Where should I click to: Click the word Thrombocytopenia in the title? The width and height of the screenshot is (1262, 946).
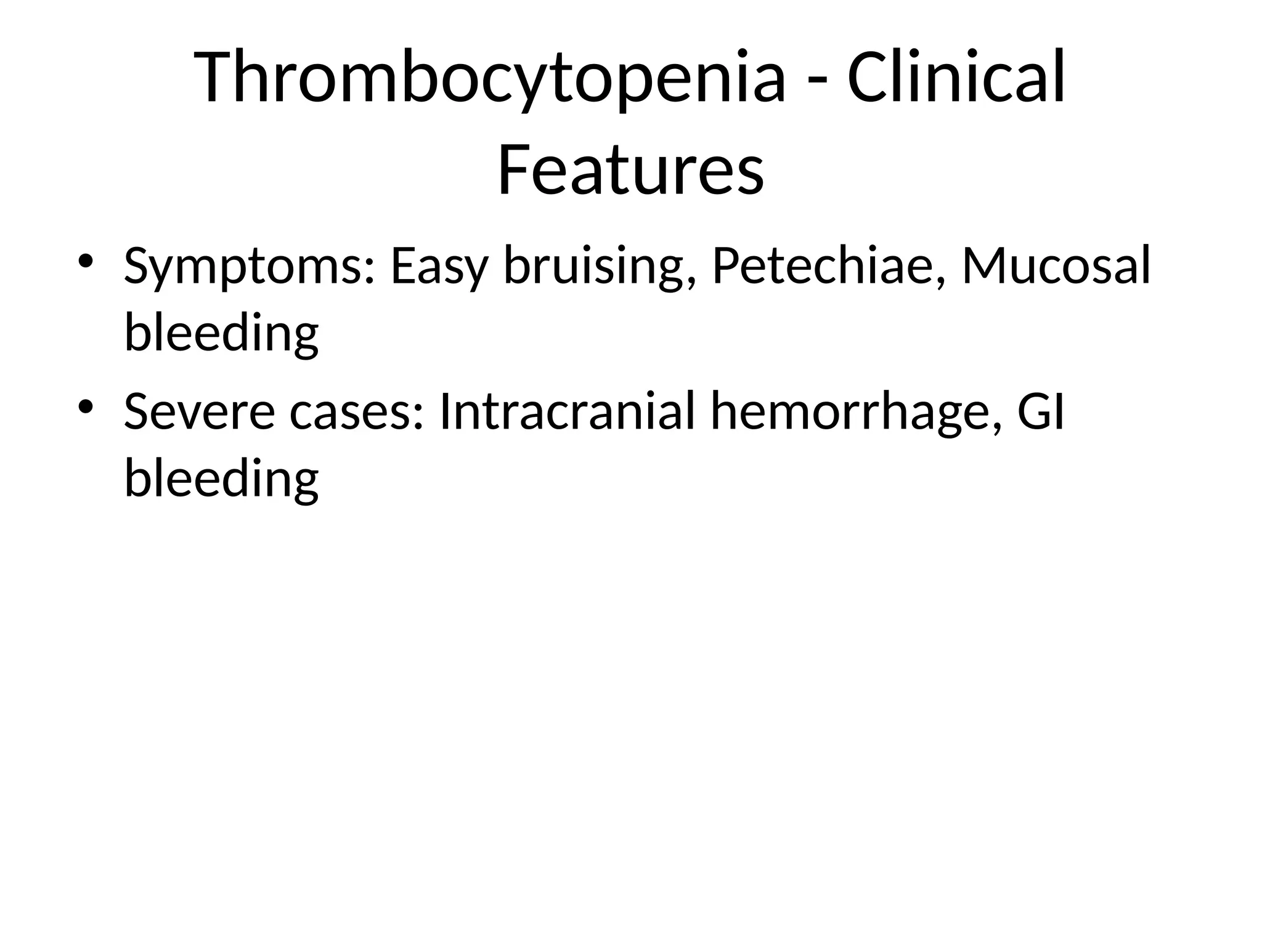pos(490,79)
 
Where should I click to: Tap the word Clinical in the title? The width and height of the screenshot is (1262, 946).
pos(956,78)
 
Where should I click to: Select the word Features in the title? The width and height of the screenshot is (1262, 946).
pos(630,169)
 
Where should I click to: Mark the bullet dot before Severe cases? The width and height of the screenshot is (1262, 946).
pos(86,406)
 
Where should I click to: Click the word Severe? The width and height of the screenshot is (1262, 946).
pos(199,411)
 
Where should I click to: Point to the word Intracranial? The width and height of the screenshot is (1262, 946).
pos(566,411)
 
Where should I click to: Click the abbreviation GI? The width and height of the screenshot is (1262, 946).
pos(1040,411)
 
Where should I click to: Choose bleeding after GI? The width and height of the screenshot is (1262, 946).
pos(221,478)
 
